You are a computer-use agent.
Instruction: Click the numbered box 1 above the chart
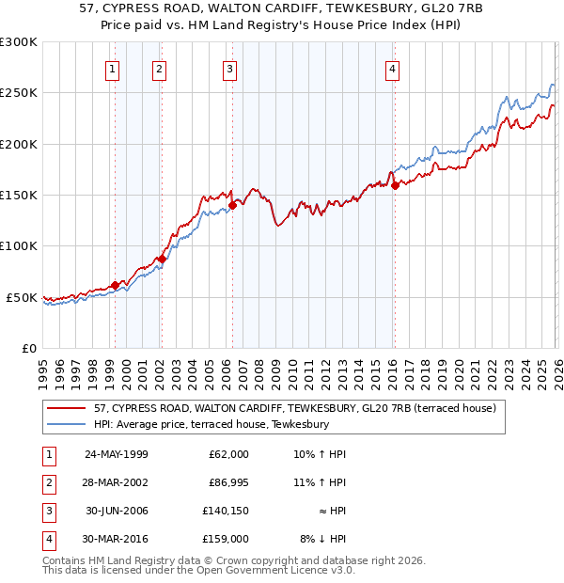pos(113,68)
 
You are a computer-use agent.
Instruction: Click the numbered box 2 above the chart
pos(160,68)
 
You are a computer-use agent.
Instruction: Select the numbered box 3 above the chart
pos(229,68)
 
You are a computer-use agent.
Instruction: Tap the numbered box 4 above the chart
pos(392,68)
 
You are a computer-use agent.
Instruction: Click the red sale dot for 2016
pos(395,185)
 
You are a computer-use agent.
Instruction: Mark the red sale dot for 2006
pos(232,204)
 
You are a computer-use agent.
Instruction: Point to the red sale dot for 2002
pos(162,259)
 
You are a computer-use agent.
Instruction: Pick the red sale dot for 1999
pos(115,285)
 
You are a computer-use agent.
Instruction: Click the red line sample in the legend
pos(68,409)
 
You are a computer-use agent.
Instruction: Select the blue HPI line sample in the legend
pos(68,424)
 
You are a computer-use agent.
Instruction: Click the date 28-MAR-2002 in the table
pos(116,483)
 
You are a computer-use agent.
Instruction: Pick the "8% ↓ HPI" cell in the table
pos(322,540)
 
